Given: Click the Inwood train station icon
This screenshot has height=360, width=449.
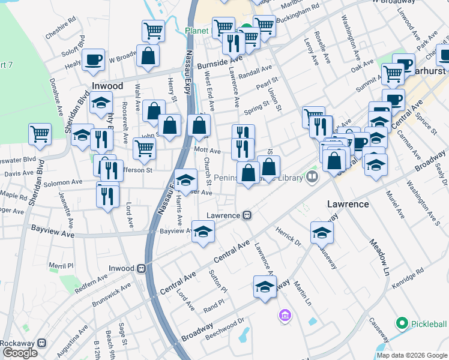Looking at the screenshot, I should tap(142, 268).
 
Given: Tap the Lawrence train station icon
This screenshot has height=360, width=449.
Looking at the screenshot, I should tap(247, 215).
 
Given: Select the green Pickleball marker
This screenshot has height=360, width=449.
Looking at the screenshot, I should tap(402, 324).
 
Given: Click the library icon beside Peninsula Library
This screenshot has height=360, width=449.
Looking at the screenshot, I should tap(312, 177).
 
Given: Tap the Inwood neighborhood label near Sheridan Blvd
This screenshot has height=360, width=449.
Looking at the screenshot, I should tap(107, 86).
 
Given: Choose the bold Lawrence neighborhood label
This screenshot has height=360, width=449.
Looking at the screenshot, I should tap(348, 204).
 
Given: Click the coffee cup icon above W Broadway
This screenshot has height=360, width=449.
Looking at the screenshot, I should tap(93, 60).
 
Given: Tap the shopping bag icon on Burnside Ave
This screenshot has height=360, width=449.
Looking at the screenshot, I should tap(148, 56).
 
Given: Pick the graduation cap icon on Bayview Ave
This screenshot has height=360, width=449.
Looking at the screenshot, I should tap(203, 232).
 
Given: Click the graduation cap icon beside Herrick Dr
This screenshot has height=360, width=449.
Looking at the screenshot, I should tap(322, 232).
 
